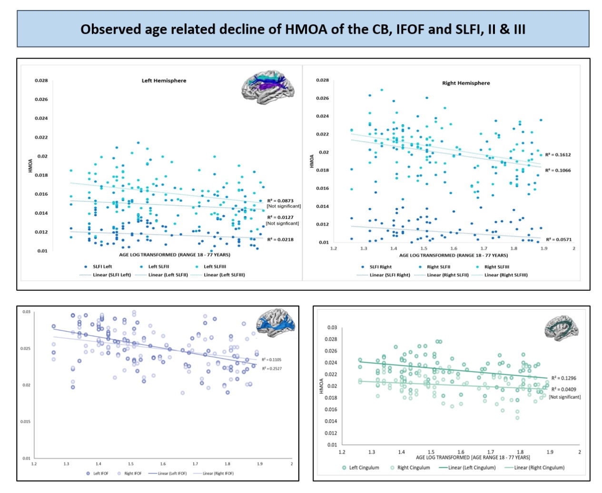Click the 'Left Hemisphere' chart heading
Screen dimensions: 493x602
tap(164, 80)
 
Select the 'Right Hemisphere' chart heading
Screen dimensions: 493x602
tap(465, 83)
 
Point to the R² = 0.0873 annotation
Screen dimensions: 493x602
tap(280, 201)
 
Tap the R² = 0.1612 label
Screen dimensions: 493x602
tap(558, 155)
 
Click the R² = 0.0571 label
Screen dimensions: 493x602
tap(558, 239)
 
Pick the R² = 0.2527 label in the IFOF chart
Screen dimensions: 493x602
tap(272, 368)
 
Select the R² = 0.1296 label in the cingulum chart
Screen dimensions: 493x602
tap(563, 378)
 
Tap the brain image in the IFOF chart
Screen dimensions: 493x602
tap(276, 323)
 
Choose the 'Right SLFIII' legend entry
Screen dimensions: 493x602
tap(496, 267)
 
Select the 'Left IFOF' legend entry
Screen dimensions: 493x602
tap(100, 473)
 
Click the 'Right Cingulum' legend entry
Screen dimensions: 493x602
tap(413, 467)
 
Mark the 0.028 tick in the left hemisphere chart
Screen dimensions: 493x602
tap(41, 80)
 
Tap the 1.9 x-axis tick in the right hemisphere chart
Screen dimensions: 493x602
tap(543, 248)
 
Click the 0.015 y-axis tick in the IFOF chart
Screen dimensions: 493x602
tap(26, 422)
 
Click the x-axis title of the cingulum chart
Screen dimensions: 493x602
tap(473, 457)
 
